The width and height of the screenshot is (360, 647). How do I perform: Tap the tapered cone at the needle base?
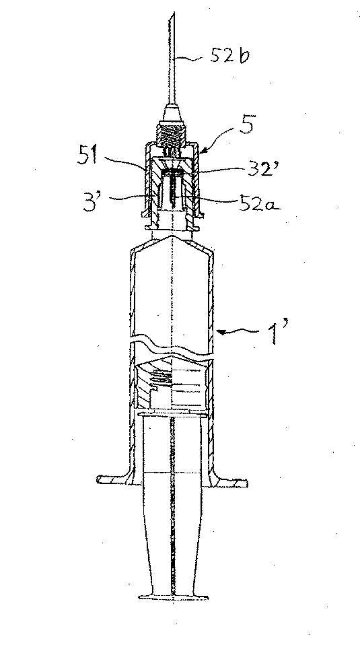point(174,109)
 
